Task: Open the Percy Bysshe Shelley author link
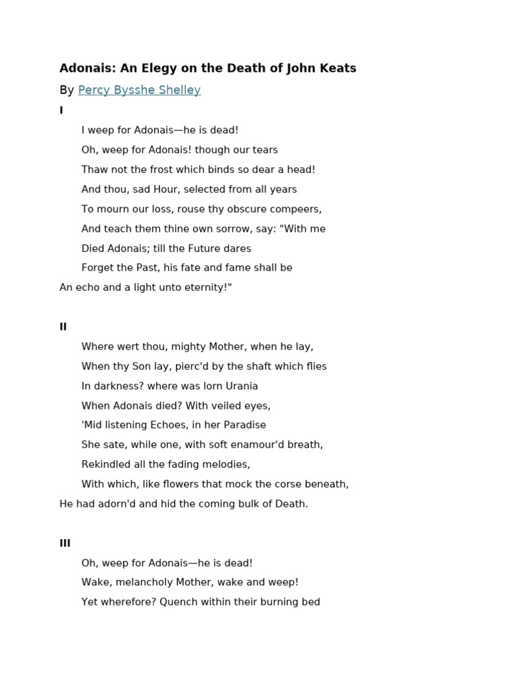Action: (x=139, y=90)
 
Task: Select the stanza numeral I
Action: (x=61, y=111)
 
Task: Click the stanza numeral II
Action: (x=63, y=327)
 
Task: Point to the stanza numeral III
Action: (x=65, y=544)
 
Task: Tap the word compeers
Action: (x=296, y=209)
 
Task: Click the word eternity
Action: (x=205, y=288)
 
